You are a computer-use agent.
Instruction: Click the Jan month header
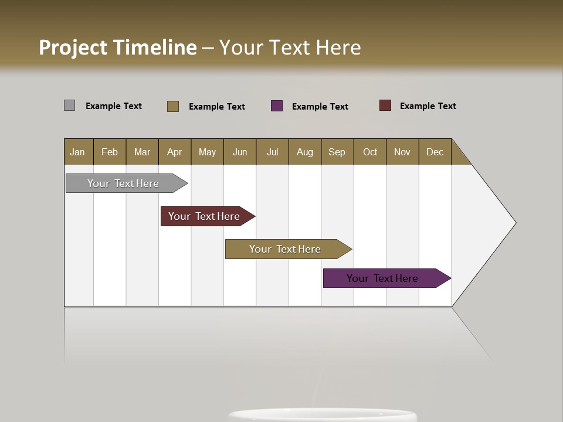[x=78, y=152]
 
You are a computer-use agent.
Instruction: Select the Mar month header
[x=142, y=152]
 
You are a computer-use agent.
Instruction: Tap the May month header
[x=207, y=152]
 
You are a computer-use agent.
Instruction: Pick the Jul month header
[x=272, y=152]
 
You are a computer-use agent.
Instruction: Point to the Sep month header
[x=337, y=152]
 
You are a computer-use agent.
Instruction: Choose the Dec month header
[x=435, y=152]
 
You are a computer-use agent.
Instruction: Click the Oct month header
[x=370, y=152]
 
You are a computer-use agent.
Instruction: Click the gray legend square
[x=70, y=105]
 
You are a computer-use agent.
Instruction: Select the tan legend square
[x=173, y=106]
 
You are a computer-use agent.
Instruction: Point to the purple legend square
[x=277, y=106]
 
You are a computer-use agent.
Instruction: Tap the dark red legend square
[x=385, y=105]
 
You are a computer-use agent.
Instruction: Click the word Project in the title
[x=73, y=48]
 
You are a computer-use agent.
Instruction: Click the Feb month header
[x=110, y=152]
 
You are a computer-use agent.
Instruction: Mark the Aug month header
[x=304, y=152]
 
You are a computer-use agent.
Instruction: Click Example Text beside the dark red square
[x=428, y=106]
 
